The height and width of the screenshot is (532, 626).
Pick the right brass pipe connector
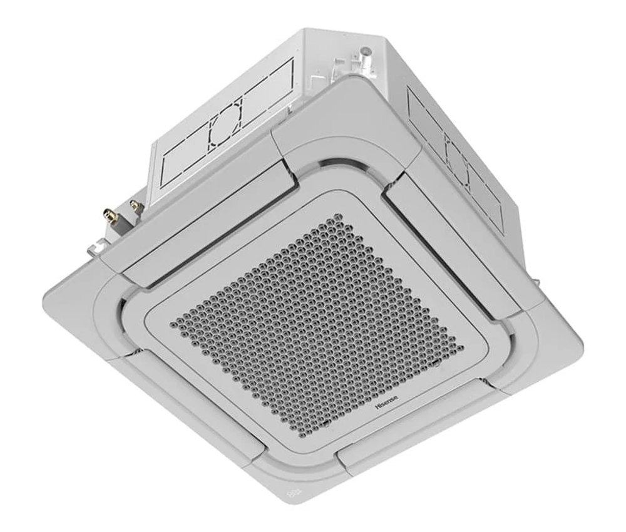[x=133, y=205]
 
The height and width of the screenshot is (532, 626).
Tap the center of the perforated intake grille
[x=319, y=322]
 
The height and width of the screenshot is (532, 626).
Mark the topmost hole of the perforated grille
[x=339, y=217]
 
